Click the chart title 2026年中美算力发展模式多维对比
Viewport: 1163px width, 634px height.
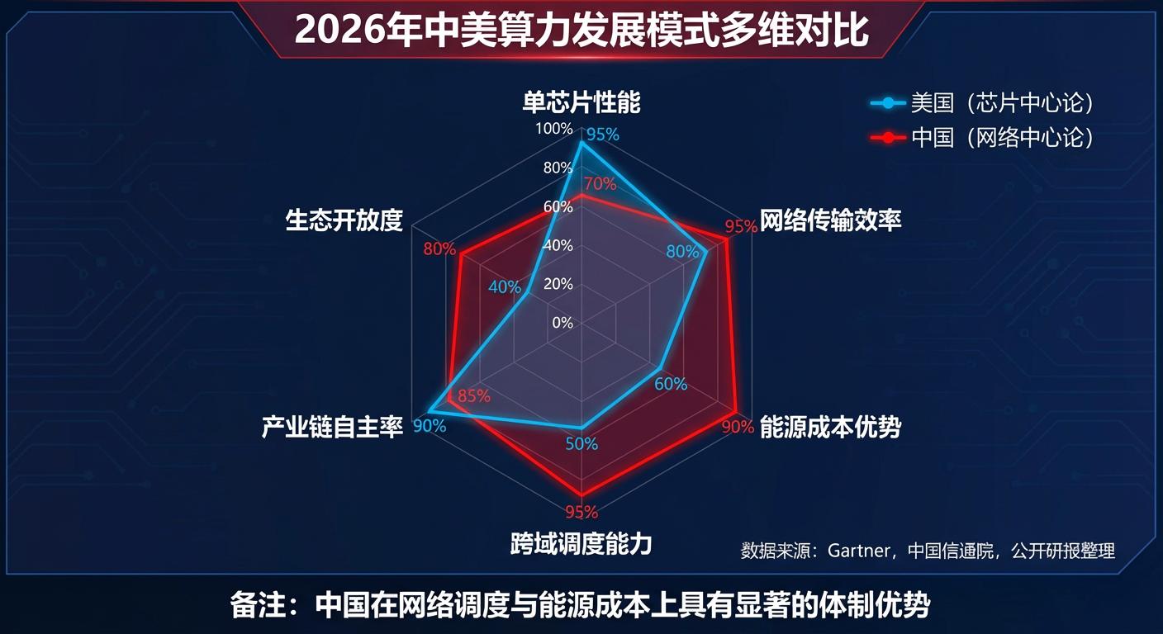point(581,31)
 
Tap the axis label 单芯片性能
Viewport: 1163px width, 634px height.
point(581,102)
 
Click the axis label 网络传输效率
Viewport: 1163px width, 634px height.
point(830,221)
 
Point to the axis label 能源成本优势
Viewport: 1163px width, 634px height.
point(830,427)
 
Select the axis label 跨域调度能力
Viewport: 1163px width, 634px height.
point(581,545)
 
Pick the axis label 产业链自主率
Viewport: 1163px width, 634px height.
point(332,427)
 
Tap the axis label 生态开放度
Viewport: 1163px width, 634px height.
point(344,220)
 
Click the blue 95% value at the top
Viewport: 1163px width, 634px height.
point(603,135)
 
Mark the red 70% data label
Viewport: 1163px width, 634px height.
point(600,183)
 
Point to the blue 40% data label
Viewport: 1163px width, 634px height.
point(505,287)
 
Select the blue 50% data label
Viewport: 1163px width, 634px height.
point(581,444)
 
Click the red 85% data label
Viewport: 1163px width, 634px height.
point(473,396)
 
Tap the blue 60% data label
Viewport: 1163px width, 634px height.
point(671,384)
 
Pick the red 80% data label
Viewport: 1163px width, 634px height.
point(439,249)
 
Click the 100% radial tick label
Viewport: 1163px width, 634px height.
point(553,129)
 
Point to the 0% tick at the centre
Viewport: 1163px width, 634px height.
point(563,323)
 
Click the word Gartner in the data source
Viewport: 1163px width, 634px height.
point(859,551)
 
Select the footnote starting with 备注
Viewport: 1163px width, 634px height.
point(581,605)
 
